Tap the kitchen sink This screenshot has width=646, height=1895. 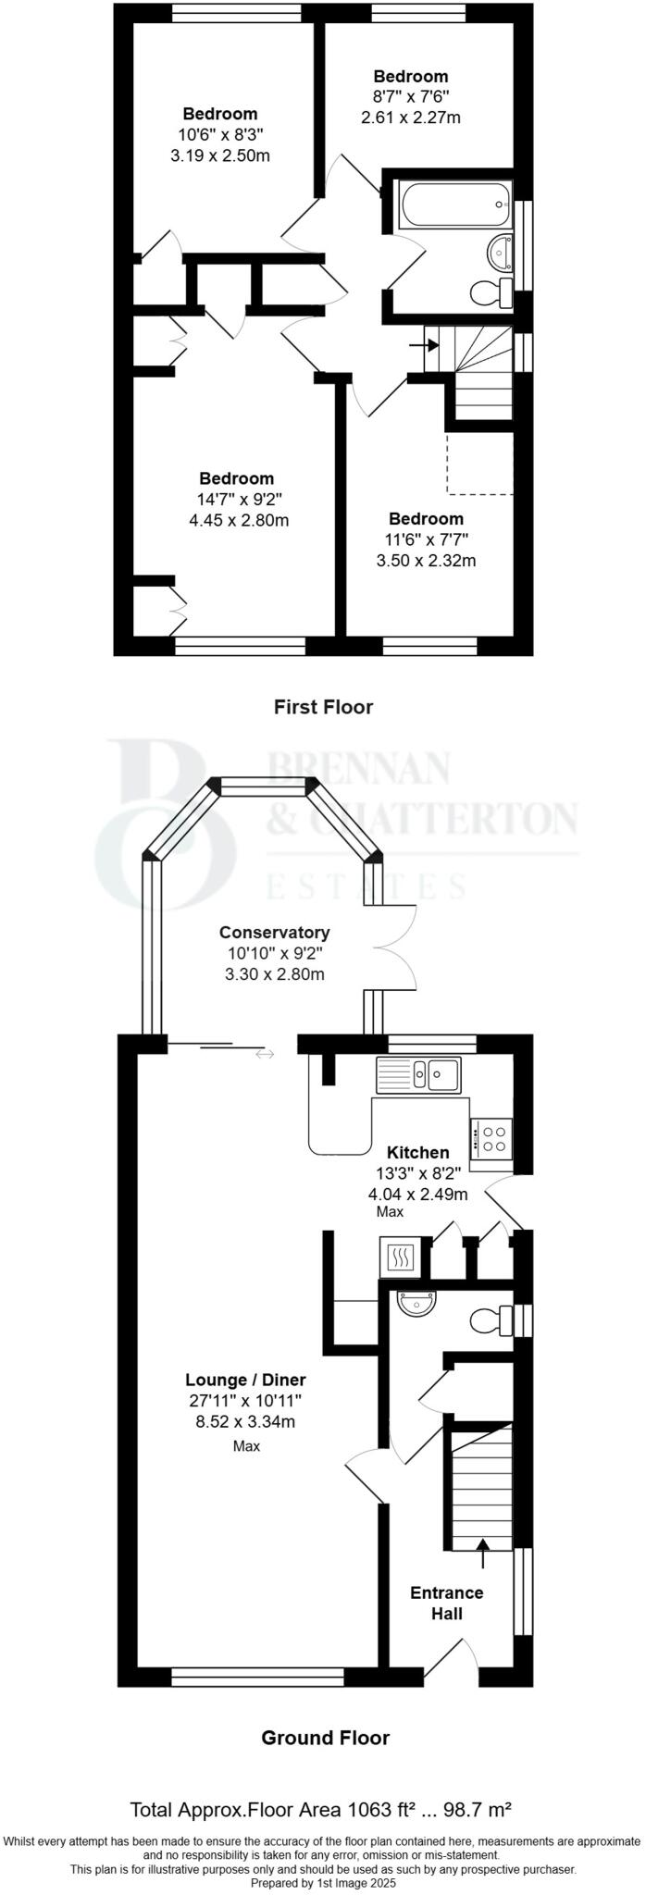point(418,1074)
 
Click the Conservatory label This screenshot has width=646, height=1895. point(274,932)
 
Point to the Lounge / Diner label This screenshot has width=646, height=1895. point(245,1381)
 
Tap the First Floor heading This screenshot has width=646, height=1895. point(323,707)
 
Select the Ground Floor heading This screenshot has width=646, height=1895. point(325,1738)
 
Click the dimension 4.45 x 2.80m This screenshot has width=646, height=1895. point(238,520)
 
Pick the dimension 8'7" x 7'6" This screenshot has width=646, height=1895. point(410,97)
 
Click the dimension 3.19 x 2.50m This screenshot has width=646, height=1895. point(220,155)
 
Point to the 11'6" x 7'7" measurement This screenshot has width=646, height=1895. point(426,539)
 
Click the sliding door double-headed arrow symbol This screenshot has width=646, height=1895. point(265,1053)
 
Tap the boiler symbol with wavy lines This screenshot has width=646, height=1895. point(401,1258)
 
